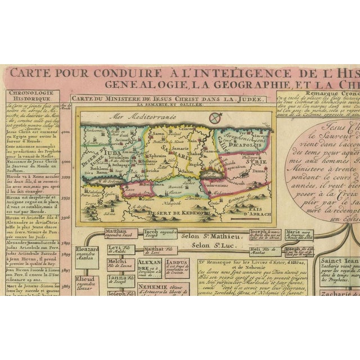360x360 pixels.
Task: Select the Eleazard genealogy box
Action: click(87, 251)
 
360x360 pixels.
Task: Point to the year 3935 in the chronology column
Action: click(66, 199)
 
